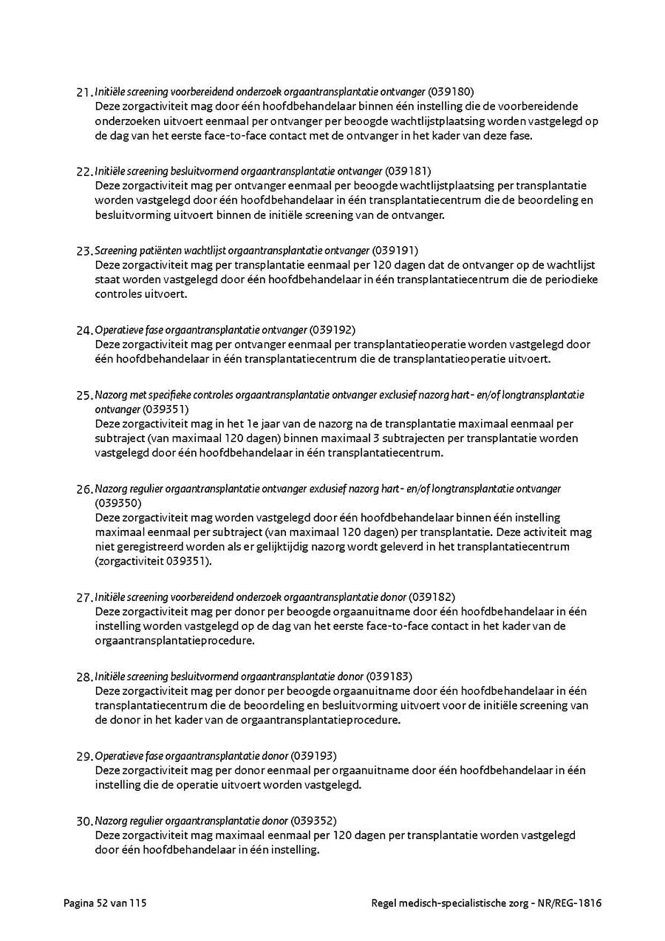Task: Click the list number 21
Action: point(84,92)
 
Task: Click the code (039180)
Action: point(451,92)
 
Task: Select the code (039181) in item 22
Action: point(408,171)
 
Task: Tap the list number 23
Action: point(84,251)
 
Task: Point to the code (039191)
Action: point(395,250)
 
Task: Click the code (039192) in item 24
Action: point(332,330)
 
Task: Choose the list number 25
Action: point(84,395)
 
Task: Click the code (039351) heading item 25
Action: point(166,409)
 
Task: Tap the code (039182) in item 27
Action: point(432,597)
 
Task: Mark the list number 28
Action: point(84,677)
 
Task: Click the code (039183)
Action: point(389,676)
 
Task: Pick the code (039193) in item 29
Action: point(314,755)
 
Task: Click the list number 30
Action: point(84,821)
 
